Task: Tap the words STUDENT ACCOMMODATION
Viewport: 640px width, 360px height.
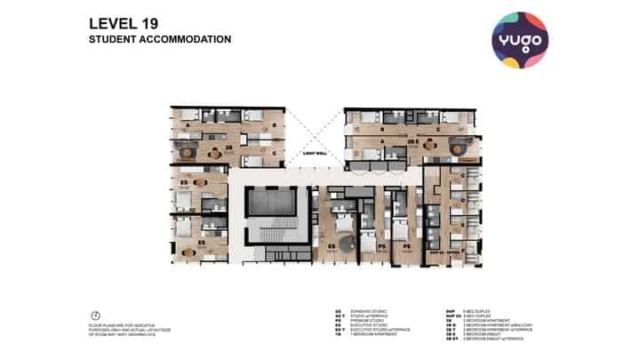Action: (x=160, y=40)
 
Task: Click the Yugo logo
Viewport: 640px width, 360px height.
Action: (x=520, y=40)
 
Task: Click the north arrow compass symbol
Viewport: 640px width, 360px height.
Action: (x=95, y=316)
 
